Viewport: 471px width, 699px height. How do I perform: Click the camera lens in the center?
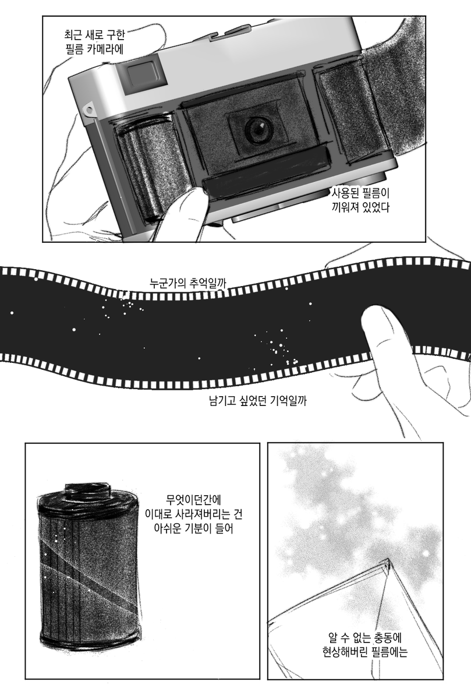coord(258,129)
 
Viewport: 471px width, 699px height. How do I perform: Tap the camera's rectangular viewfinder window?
coord(146,75)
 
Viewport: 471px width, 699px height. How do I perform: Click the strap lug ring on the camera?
coord(90,110)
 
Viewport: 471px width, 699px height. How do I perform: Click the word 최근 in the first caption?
coord(73,35)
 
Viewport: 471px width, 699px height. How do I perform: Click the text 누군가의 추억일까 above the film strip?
coord(187,284)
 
